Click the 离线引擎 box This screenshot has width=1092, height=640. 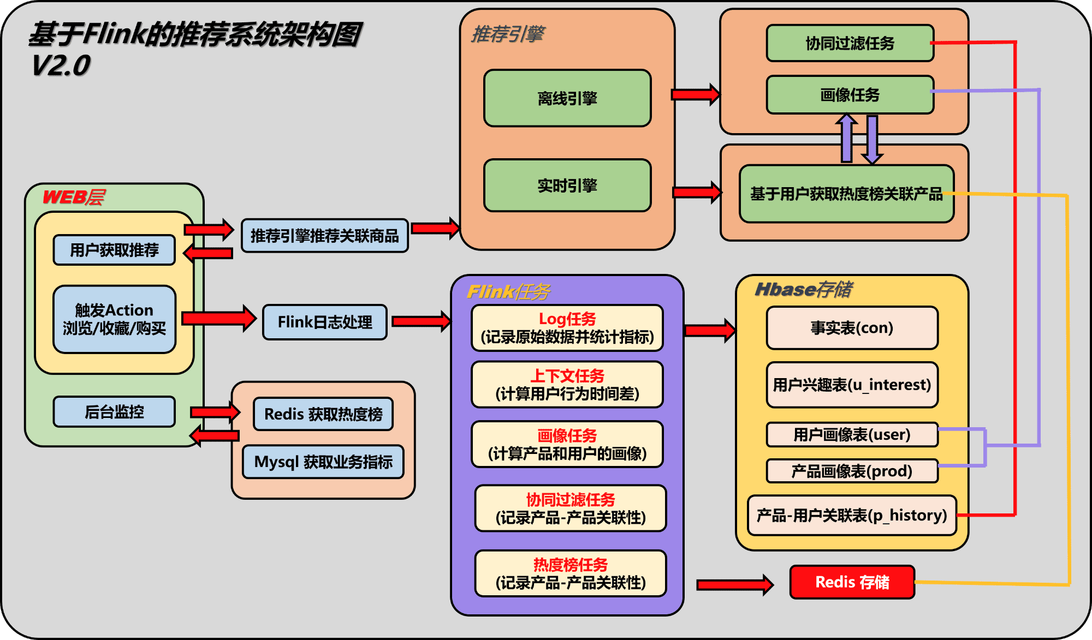567,98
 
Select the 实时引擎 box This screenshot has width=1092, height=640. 567,186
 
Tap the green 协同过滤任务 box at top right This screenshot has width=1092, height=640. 850,43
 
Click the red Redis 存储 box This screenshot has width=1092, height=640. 852,582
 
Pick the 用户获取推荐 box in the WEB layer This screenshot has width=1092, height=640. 114,250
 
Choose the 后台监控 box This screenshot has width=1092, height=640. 114,411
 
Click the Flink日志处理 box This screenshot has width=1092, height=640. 325,322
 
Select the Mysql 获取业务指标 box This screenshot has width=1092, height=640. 323,462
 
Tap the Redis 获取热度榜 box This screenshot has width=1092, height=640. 323,414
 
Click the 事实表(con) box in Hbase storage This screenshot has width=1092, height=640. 852,328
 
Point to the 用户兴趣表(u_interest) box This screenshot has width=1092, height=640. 852,385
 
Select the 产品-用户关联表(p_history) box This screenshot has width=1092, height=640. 852,515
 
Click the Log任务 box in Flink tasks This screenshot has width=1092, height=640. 567,328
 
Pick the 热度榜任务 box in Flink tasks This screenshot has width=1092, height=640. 571,573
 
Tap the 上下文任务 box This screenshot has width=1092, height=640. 567,385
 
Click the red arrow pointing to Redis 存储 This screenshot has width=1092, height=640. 735,585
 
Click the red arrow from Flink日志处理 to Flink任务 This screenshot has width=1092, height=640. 422,321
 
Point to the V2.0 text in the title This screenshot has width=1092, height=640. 61,66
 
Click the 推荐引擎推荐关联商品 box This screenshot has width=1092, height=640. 325,236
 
